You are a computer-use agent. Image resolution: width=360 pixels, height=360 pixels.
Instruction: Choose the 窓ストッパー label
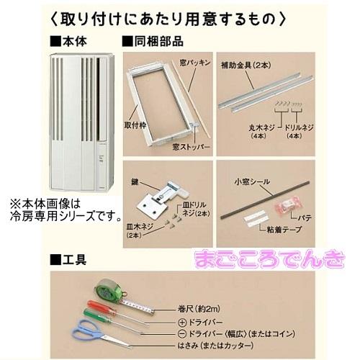point(190,145)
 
